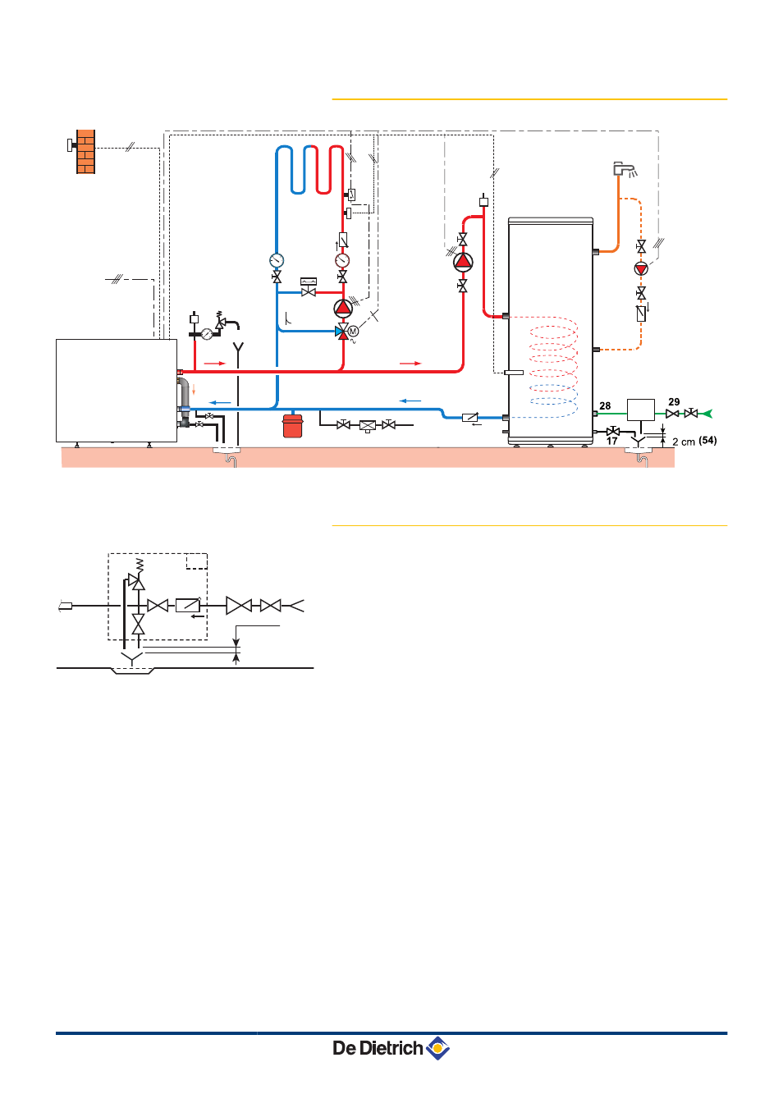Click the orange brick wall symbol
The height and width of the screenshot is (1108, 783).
click(x=85, y=152)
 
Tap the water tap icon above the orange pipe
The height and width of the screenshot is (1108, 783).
click(x=625, y=169)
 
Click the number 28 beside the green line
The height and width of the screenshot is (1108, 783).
click(x=605, y=406)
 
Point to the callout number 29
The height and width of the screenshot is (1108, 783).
click(x=674, y=401)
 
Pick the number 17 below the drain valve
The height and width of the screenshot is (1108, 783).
click(x=611, y=441)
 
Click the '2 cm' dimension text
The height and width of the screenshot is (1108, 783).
click(x=684, y=442)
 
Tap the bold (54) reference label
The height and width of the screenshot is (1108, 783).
click(x=707, y=441)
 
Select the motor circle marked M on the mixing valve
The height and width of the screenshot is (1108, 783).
click(x=353, y=332)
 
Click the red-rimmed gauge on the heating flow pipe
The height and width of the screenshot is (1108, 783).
click(x=341, y=260)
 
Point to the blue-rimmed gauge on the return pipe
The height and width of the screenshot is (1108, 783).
click(x=277, y=260)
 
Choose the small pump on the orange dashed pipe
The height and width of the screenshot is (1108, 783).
click(x=641, y=268)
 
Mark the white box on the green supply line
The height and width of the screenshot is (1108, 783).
click(x=640, y=410)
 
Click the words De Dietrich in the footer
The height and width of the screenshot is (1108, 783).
click(x=378, y=1048)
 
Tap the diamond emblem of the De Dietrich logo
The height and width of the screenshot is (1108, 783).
click(x=437, y=1048)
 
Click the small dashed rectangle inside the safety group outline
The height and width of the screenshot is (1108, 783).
click(x=196, y=561)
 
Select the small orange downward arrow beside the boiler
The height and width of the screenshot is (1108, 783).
click(x=194, y=390)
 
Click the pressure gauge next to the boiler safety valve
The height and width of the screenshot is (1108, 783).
click(x=207, y=334)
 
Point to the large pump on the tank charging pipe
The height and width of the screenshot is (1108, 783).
click(x=463, y=263)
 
